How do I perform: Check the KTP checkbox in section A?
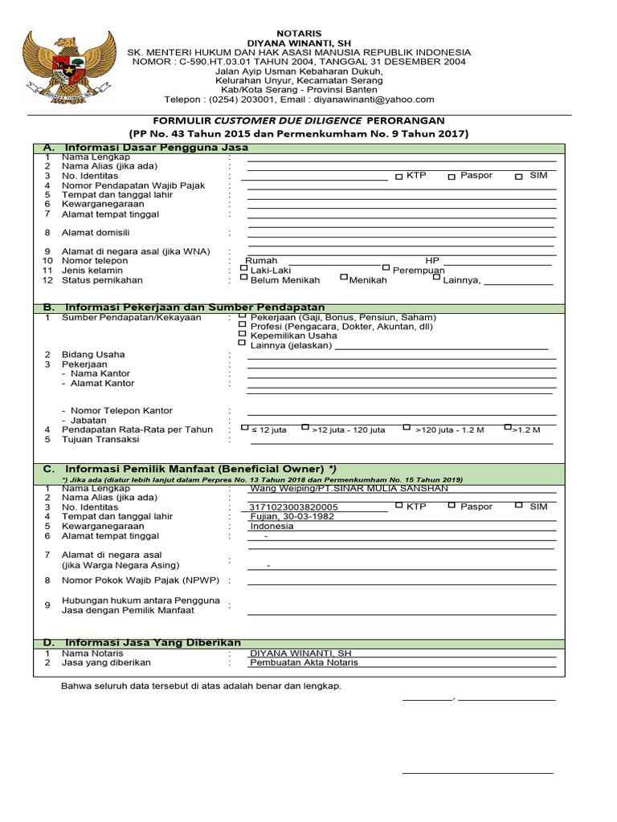point(399,177)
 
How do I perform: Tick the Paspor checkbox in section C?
point(452,506)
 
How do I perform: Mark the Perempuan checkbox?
point(386,268)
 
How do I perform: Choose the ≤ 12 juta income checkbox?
point(245,428)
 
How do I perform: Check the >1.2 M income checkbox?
point(508,428)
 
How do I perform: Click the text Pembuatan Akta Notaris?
point(304,662)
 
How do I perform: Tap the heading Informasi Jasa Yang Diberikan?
point(153,643)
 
